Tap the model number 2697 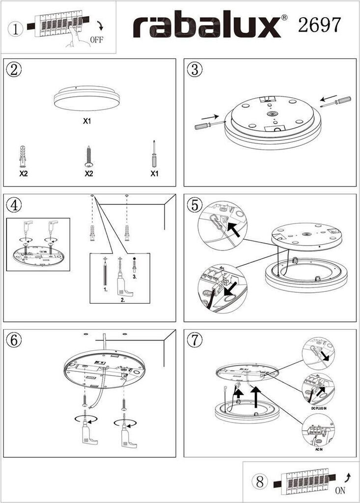pyautogui.click(x=319, y=24)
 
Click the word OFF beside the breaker pyautogui.click(x=97, y=40)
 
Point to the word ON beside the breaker pyautogui.click(x=340, y=490)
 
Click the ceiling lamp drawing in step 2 pyautogui.click(x=86, y=99)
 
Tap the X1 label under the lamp pyautogui.click(x=86, y=121)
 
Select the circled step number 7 pyautogui.click(x=194, y=339)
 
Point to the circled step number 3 pyautogui.click(x=194, y=69)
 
